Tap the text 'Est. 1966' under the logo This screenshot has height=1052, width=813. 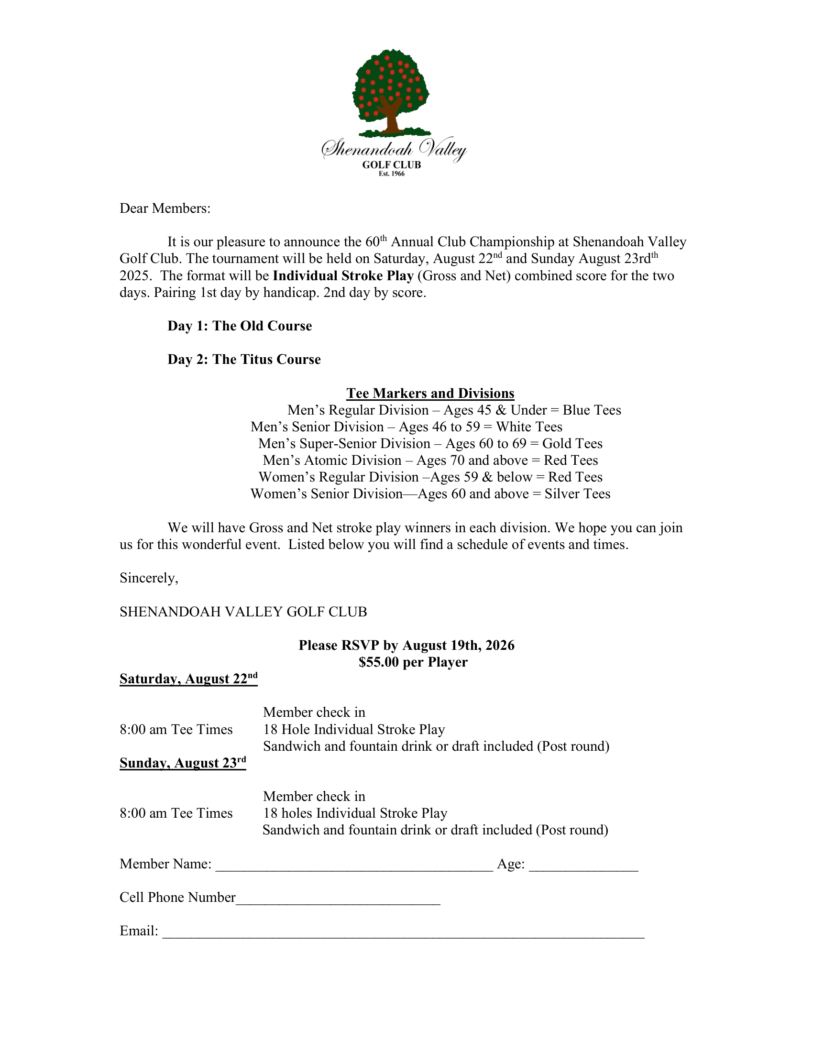click(392, 174)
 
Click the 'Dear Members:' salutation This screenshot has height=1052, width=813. click(165, 208)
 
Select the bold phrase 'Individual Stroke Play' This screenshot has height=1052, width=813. click(343, 276)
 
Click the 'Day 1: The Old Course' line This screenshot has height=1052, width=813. click(240, 326)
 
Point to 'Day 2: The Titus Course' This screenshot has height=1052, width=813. click(244, 360)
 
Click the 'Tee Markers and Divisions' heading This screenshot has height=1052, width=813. click(430, 394)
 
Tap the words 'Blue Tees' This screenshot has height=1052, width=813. click(592, 410)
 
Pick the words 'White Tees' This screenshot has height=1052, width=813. click(529, 427)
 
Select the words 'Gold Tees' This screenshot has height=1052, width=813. click(572, 444)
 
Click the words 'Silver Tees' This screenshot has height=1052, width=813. click(578, 494)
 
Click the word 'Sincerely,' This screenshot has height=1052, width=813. click(149, 578)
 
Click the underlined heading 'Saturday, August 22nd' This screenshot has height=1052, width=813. click(188, 679)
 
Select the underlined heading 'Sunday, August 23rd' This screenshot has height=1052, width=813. click(183, 763)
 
